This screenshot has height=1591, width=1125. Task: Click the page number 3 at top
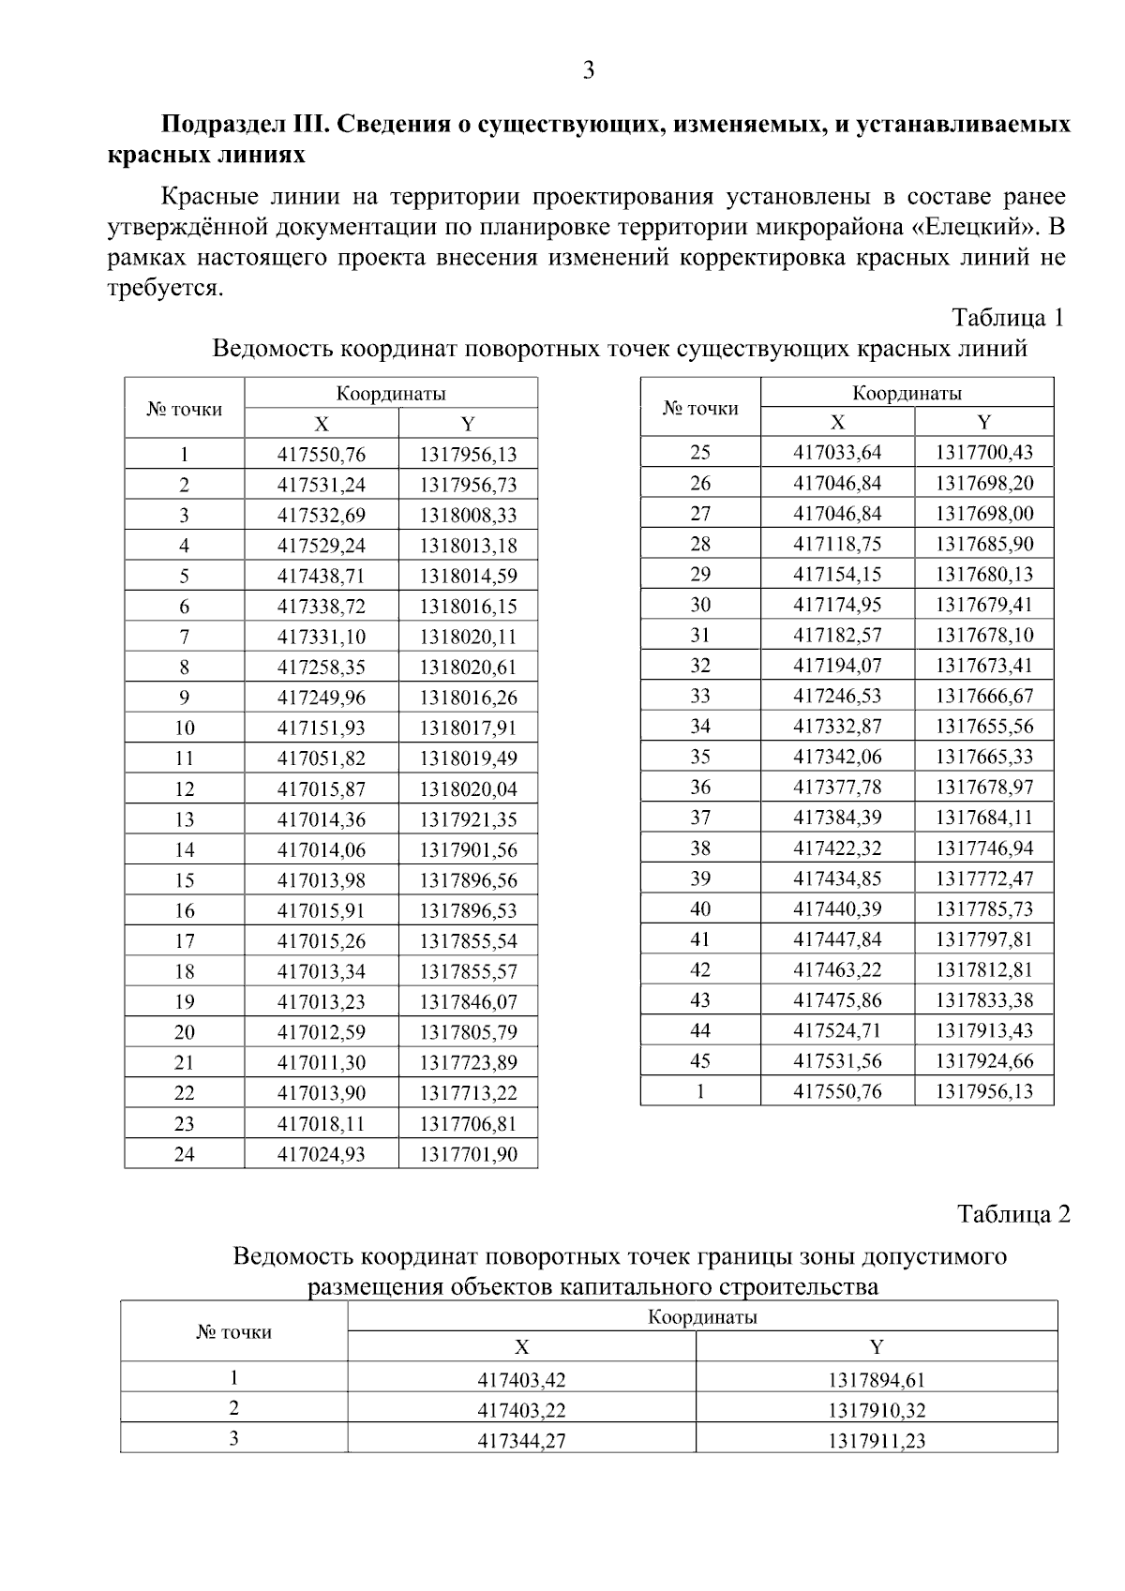pos(588,71)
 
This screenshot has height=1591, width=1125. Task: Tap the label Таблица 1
pos(1008,318)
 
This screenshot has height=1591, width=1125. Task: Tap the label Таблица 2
pos(1012,1214)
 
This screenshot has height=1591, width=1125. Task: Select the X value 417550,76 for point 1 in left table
pos(322,456)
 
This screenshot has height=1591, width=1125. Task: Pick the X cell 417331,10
pos(322,638)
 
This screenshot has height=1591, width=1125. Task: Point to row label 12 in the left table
pos(185,789)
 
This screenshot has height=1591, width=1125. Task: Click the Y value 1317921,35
pos(468,820)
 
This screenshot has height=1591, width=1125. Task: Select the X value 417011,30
pos(322,1063)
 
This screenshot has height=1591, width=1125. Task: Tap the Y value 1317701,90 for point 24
pos(468,1155)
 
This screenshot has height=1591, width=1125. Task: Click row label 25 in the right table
pos(700,453)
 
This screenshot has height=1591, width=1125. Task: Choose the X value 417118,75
pos(837,545)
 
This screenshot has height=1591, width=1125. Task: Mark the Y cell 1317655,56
pos(984,727)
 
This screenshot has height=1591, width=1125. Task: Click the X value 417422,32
pos(837,848)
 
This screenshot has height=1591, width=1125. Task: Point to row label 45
pos(700,1061)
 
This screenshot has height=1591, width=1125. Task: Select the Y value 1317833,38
pos(984,1000)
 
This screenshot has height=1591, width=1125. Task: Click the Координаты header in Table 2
pos(702,1317)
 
